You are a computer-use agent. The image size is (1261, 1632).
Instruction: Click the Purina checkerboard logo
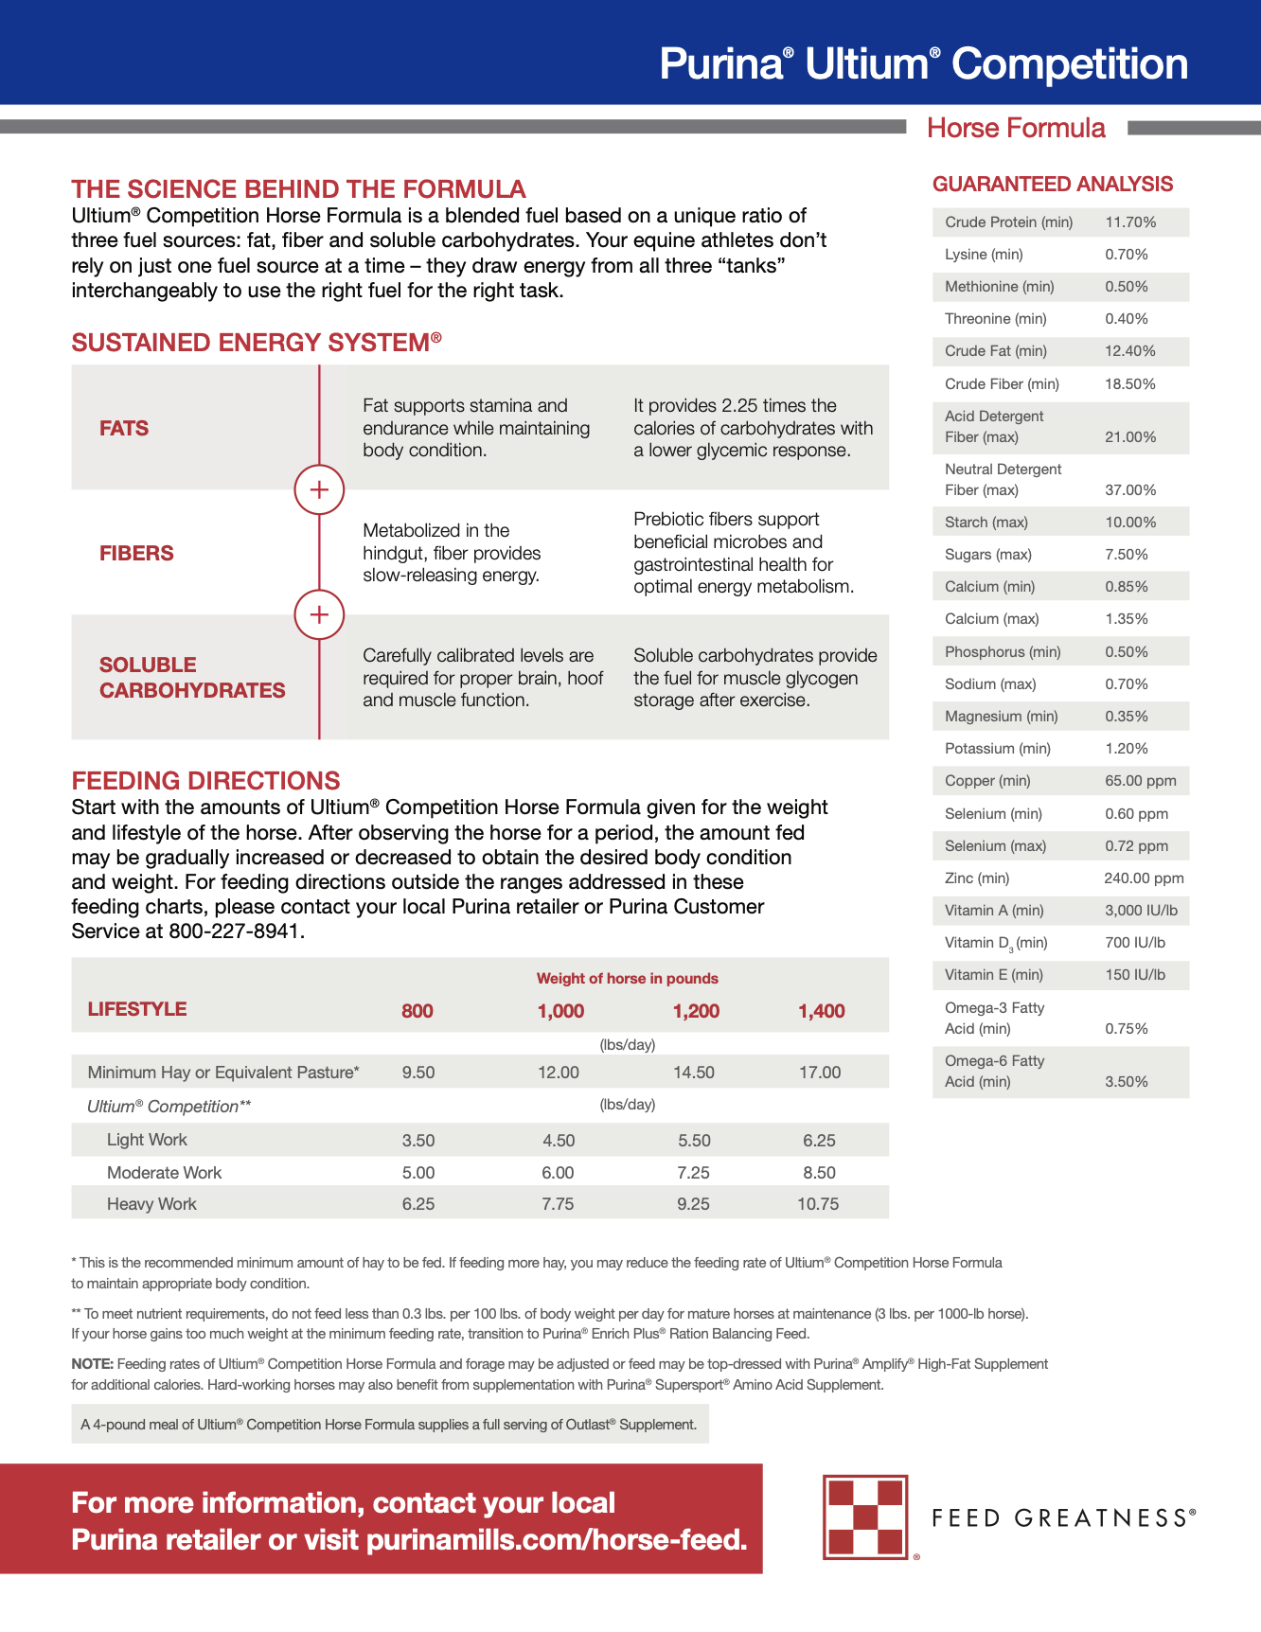[x=865, y=1517]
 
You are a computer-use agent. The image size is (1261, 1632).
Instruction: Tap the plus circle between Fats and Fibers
[x=319, y=489]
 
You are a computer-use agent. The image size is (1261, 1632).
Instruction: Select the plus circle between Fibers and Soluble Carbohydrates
[x=319, y=614]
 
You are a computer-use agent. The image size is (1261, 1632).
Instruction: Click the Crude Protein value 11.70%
[x=1130, y=222]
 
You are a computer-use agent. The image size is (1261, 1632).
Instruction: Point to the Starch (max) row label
[x=986, y=523]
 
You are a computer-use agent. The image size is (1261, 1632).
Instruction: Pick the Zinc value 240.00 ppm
[x=1144, y=878]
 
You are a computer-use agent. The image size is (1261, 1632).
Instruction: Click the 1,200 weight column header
[x=696, y=1011]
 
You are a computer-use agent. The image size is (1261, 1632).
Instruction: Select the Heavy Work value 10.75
[x=818, y=1204]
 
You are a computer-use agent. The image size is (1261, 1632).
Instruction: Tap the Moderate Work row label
[x=164, y=1173]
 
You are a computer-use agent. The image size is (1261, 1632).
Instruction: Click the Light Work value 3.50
[x=418, y=1141]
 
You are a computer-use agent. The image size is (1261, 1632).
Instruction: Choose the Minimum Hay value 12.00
[x=559, y=1073]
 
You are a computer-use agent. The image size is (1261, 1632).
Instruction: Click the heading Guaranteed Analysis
[x=1052, y=185]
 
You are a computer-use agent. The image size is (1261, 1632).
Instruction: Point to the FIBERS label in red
[x=136, y=554]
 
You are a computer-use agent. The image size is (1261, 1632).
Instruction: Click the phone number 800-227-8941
[x=235, y=931]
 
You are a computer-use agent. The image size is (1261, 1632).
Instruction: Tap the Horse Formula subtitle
[x=1015, y=129]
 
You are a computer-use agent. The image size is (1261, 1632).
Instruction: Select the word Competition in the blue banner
[x=1069, y=64]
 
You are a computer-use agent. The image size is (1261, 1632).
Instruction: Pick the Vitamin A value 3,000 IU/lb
[x=1141, y=911]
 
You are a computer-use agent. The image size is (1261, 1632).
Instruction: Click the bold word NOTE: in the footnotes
[x=92, y=1364]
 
